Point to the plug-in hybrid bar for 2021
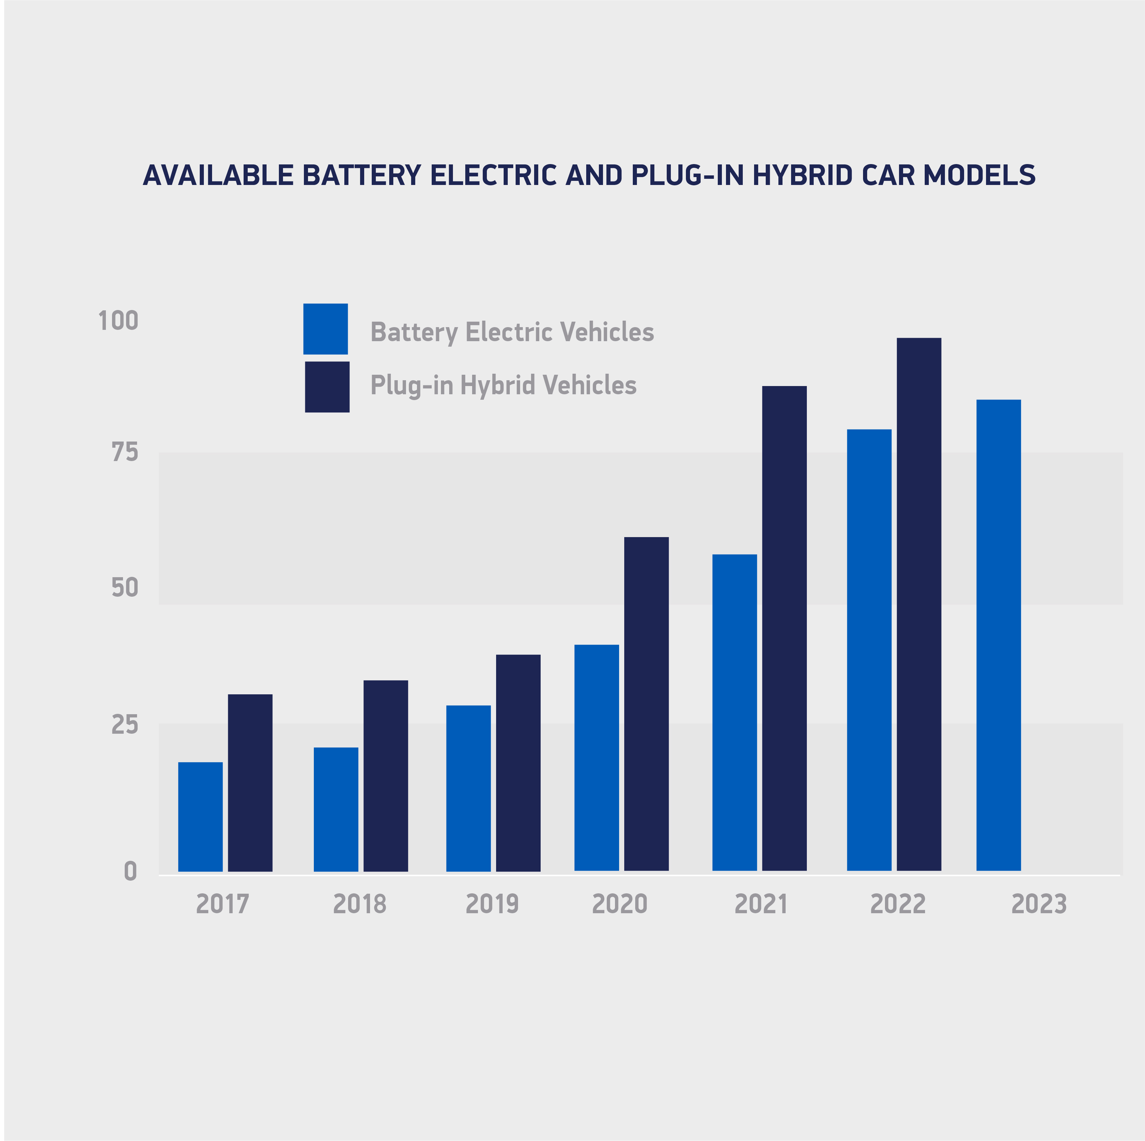coord(784,628)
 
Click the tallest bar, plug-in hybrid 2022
coord(919,604)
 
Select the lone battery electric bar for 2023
coord(999,635)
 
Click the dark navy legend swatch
coord(327,387)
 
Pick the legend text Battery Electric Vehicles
coord(512,332)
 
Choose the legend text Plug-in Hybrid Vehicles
coord(503,385)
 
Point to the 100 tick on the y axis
coord(118,321)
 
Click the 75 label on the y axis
coord(124,452)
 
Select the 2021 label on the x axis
coord(761,904)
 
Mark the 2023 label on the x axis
coord(1039,904)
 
